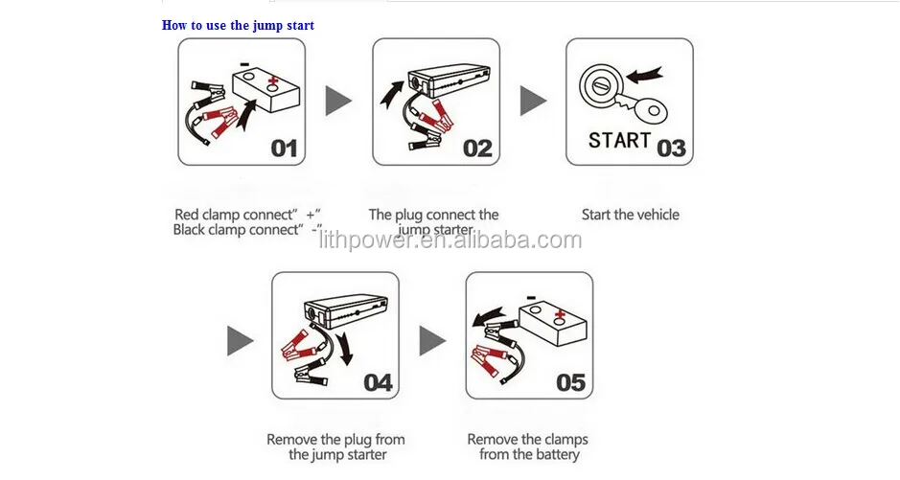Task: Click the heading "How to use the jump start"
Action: [238, 25]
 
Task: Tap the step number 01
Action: [284, 149]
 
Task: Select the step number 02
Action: [477, 149]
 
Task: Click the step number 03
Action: [671, 149]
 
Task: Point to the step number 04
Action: [379, 382]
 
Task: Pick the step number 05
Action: [571, 382]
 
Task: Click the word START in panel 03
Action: [619, 141]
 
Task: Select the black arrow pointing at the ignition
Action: [645, 75]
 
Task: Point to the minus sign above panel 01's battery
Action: [244, 64]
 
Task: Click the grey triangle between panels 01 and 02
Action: [337, 101]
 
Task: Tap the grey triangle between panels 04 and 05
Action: [431, 341]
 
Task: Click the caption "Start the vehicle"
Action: [631, 215]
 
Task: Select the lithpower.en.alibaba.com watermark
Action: [450, 240]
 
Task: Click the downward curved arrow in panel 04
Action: [344, 348]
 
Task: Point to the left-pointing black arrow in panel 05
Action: [489, 316]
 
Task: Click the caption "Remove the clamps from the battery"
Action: [528, 446]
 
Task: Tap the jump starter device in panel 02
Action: [449, 83]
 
